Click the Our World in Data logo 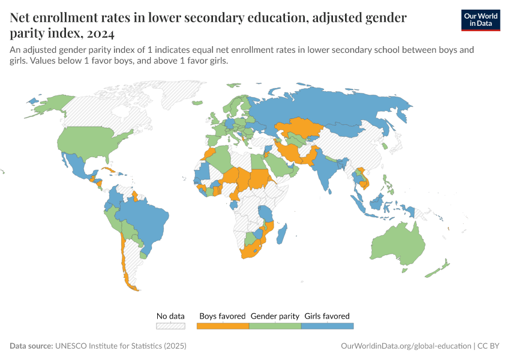[480, 20]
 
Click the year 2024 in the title [97, 33]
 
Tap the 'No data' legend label [170, 316]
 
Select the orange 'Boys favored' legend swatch [223, 326]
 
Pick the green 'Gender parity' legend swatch [275, 326]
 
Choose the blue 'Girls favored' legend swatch [327, 326]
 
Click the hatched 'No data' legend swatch [170, 326]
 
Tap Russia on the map [336, 108]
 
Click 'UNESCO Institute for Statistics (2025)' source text [121, 346]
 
